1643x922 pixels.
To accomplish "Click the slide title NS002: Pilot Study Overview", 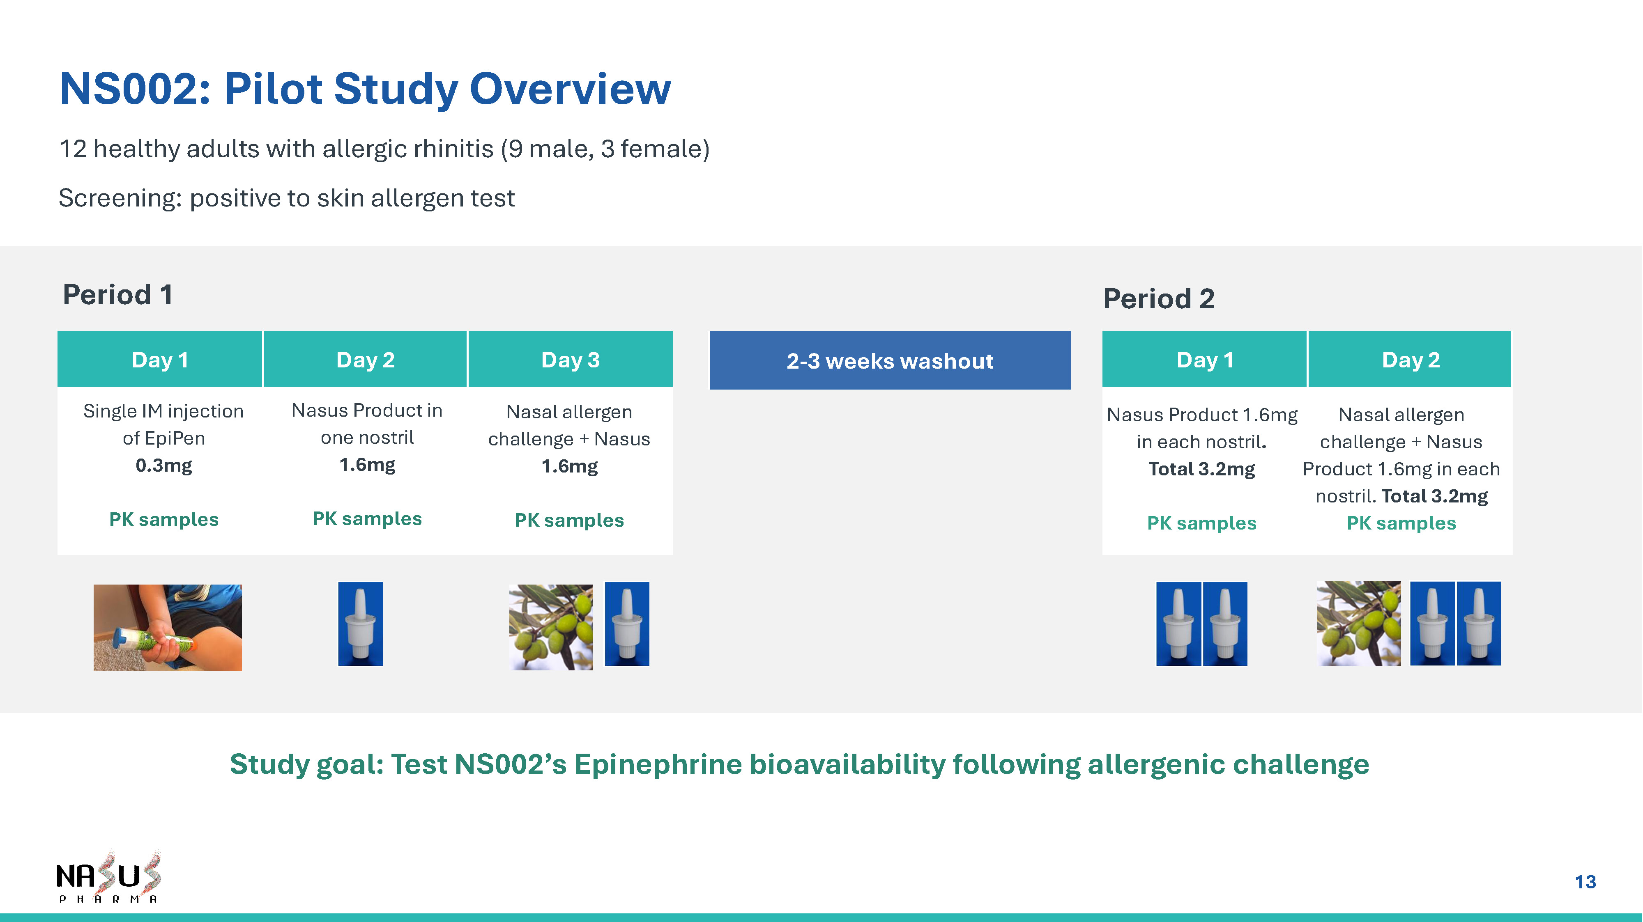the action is click(x=365, y=89).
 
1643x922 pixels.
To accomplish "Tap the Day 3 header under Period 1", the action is click(x=570, y=359).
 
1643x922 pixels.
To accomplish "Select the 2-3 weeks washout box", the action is click(x=890, y=360).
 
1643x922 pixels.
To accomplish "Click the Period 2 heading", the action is click(x=1158, y=298).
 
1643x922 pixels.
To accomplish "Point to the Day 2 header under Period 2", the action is click(x=1410, y=359).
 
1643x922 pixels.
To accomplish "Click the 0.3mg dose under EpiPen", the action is click(x=163, y=466).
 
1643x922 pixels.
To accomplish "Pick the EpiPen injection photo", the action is click(x=168, y=627).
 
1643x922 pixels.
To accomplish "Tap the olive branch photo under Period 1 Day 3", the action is click(x=551, y=627).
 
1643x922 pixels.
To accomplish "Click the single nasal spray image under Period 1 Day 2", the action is click(x=360, y=624).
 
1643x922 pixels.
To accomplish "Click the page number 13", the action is click(x=1585, y=882).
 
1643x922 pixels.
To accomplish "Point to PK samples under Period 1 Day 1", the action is click(x=164, y=520).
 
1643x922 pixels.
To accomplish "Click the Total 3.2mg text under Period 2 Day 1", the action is click(x=1201, y=469).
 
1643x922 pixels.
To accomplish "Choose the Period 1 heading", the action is click(x=117, y=295).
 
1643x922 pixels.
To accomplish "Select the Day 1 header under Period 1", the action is click(x=160, y=359).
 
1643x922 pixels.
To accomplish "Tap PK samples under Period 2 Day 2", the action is click(x=1401, y=523).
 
